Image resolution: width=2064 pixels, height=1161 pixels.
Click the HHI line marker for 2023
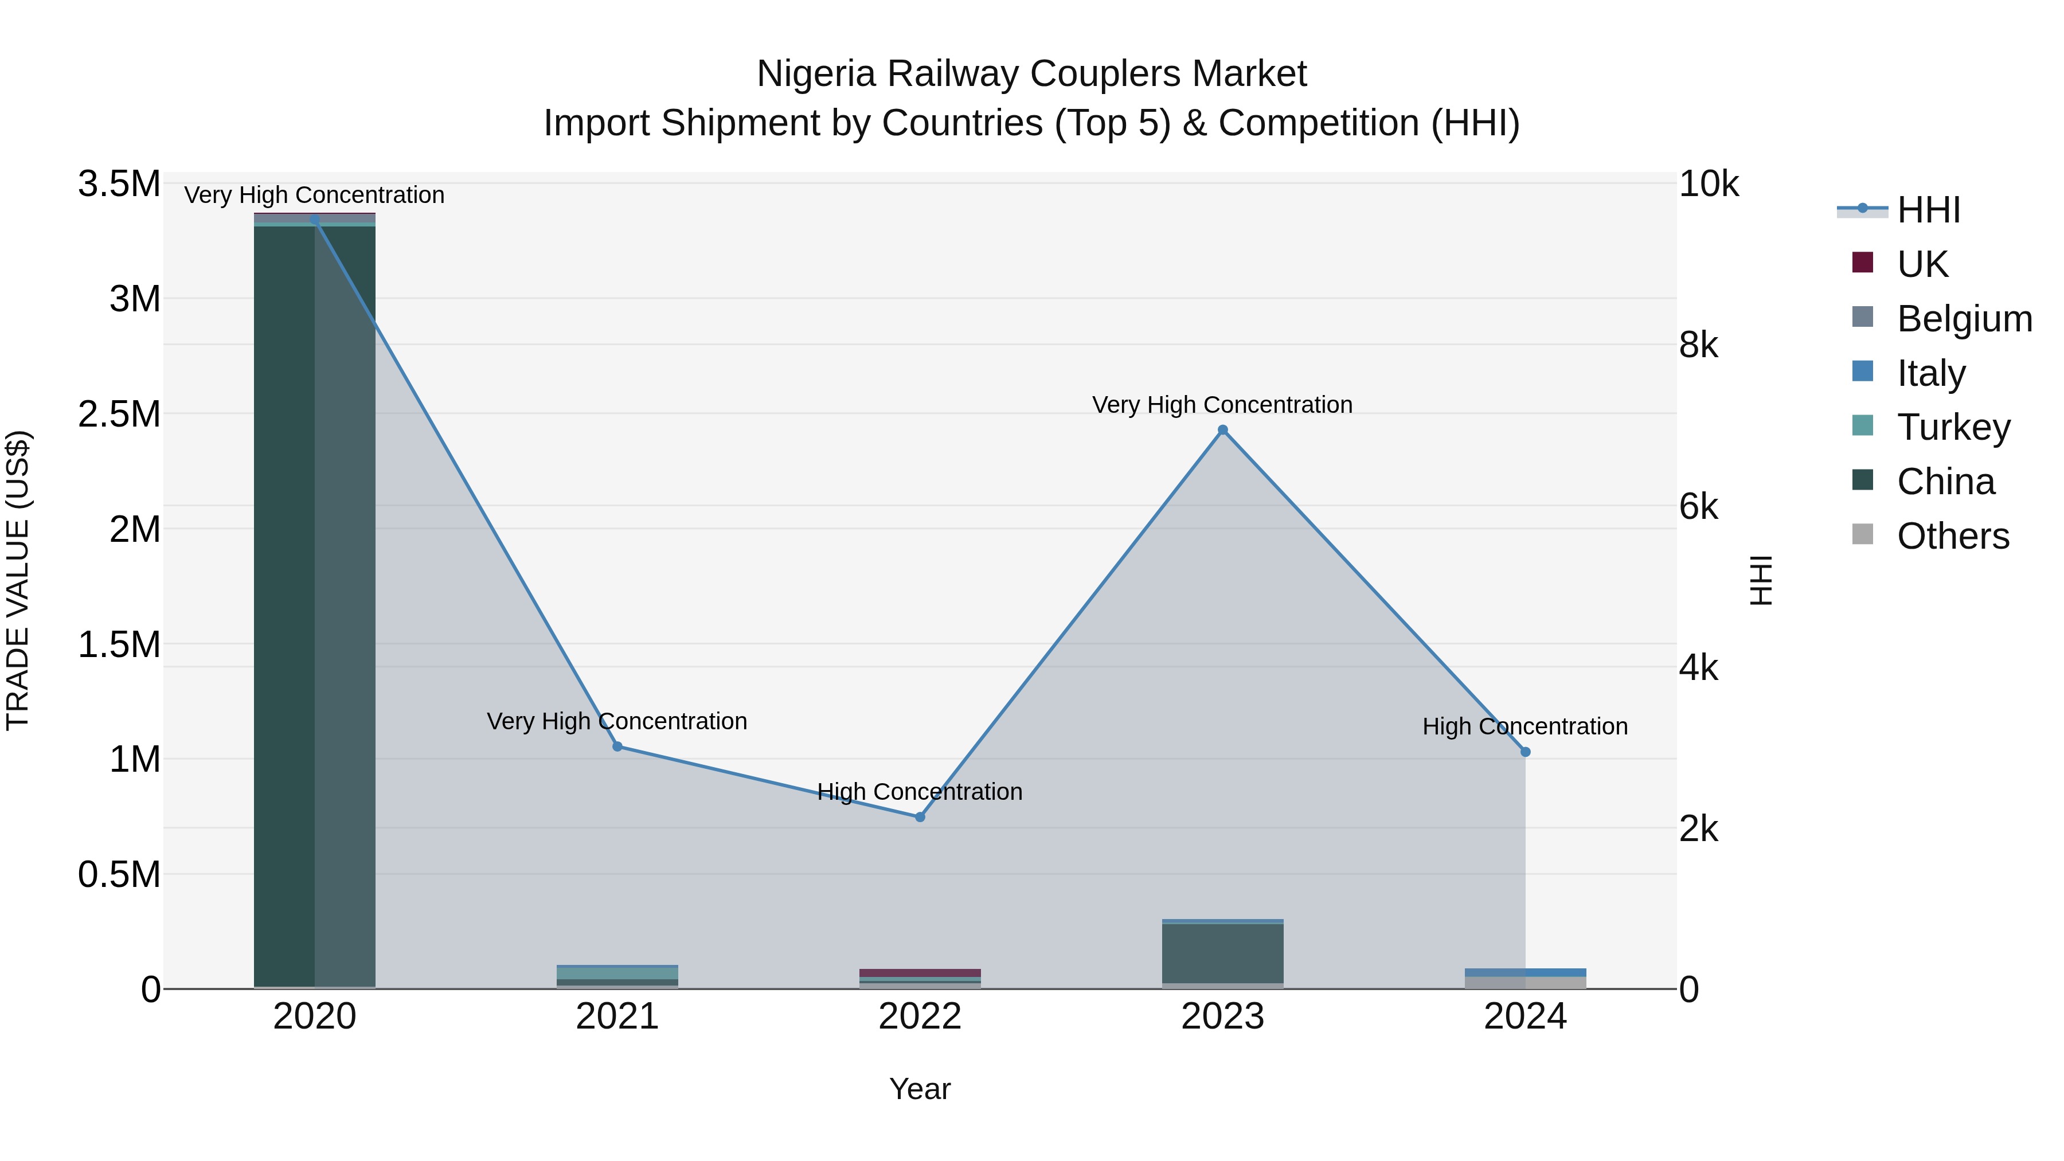pos(1223,430)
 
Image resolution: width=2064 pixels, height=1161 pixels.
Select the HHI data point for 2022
pos(920,817)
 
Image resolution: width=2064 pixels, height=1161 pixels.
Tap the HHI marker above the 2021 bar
pos(617,746)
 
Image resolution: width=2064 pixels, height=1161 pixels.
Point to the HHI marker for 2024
pos(1526,752)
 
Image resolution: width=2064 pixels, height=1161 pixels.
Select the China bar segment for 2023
pos(1223,953)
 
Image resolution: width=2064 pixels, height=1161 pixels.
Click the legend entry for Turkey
pos(1953,427)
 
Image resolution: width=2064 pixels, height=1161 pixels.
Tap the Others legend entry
pos(1953,536)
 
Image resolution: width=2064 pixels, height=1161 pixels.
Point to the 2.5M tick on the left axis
pos(119,415)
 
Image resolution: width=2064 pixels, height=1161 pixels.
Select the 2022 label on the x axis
pos(920,1017)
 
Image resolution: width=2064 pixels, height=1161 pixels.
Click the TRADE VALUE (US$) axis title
pos(18,580)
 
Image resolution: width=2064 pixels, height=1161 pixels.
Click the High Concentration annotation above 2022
pos(920,792)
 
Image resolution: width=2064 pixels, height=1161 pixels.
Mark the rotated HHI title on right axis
pos(1761,580)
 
